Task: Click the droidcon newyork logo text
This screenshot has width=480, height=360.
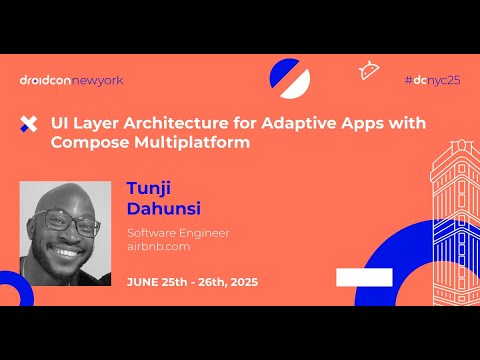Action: click(71, 80)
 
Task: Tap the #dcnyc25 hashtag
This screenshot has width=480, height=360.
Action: click(431, 79)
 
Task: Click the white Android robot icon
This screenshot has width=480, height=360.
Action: click(369, 70)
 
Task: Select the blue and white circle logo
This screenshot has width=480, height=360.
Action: click(290, 78)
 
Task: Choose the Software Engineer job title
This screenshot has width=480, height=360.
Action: click(178, 233)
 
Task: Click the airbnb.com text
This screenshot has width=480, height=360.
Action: click(159, 249)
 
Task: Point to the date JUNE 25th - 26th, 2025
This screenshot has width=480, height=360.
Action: click(192, 281)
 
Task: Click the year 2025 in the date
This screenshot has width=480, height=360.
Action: click(241, 281)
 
